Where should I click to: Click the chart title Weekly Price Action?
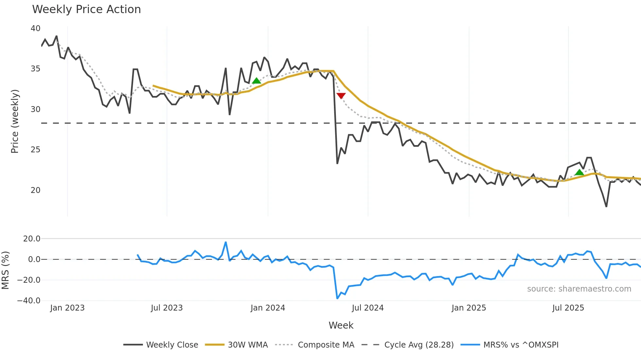(86, 9)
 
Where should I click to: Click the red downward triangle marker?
(341, 96)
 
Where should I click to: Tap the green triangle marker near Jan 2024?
(256, 81)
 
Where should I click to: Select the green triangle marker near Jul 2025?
(579, 172)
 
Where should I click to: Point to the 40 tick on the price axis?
(35, 28)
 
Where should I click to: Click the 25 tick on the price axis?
(35, 150)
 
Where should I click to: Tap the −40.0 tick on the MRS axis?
(29, 300)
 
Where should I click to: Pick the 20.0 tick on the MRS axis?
(32, 238)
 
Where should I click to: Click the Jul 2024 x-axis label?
(368, 308)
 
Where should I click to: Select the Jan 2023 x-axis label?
(67, 308)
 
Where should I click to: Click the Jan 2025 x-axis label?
(469, 308)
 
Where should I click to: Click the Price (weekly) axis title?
(15, 121)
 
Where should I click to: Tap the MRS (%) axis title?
(5, 270)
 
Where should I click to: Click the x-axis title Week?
(341, 325)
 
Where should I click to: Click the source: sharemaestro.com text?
(579, 289)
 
